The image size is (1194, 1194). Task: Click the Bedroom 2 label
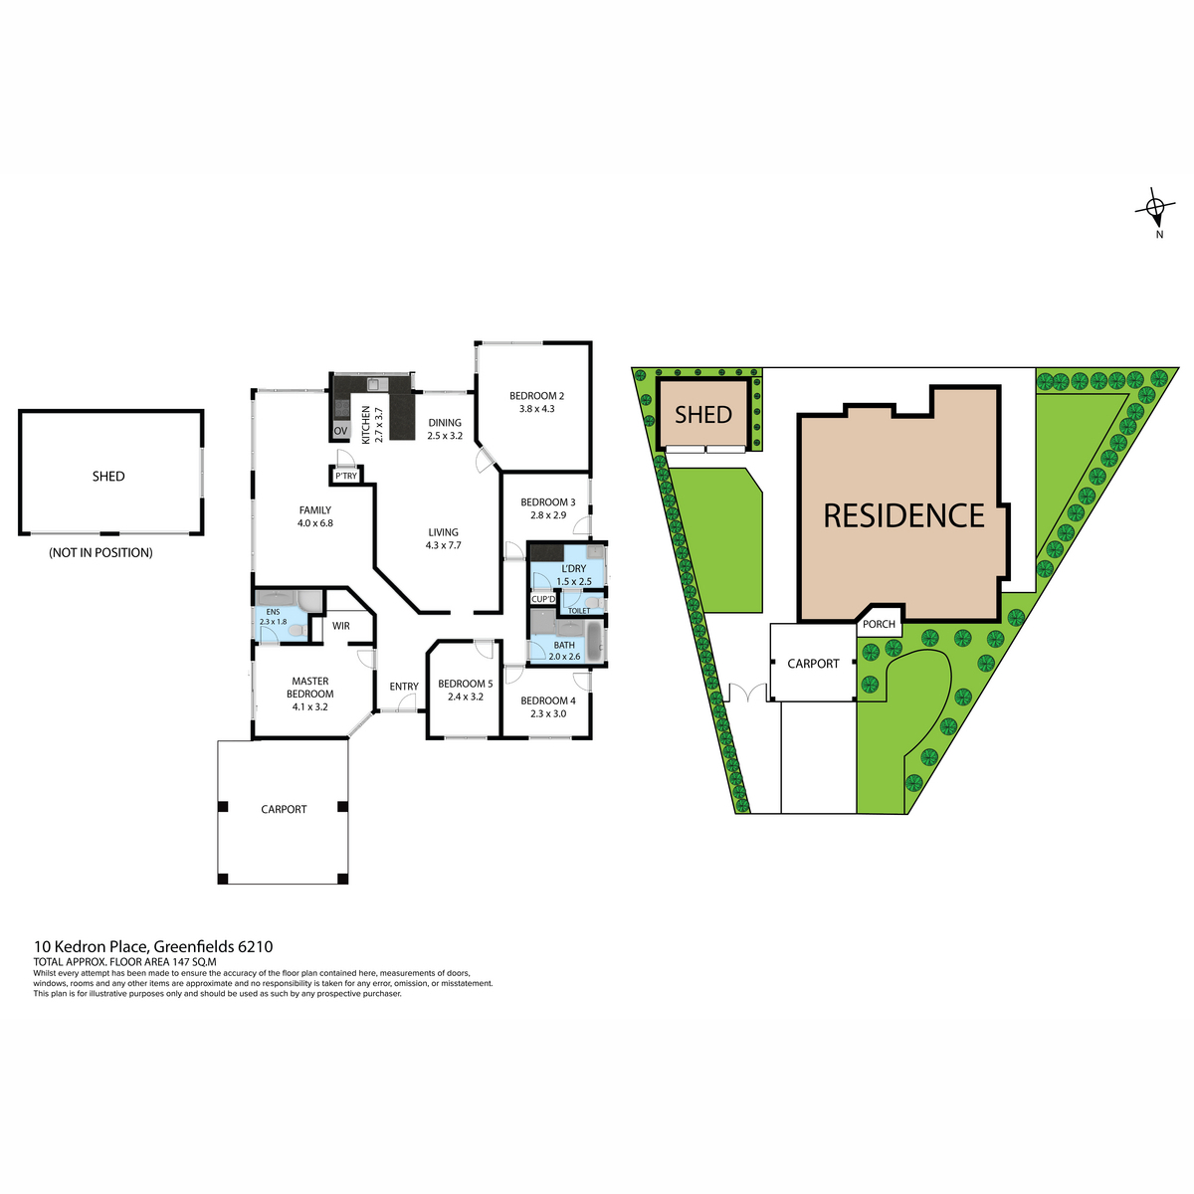(x=536, y=396)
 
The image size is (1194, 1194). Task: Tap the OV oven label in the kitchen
(x=340, y=431)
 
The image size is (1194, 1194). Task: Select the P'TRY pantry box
(x=345, y=476)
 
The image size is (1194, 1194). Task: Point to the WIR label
(x=341, y=626)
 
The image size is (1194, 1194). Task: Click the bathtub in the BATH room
(x=594, y=642)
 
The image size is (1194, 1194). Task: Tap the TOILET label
(x=579, y=611)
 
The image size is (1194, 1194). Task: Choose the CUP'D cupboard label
(x=543, y=599)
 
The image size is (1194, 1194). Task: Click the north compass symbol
(x=1155, y=208)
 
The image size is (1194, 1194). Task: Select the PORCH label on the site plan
(x=879, y=624)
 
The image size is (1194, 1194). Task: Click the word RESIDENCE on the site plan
(x=904, y=515)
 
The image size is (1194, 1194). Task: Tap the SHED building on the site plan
(x=703, y=413)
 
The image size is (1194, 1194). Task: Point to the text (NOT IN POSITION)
(x=101, y=552)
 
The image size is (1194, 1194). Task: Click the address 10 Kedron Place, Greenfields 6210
(x=153, y=947)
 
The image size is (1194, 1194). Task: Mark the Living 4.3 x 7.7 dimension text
(x=443, y=545)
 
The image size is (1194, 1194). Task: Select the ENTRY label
(x=404, y=687)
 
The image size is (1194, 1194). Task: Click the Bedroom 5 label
(x=466, y=684)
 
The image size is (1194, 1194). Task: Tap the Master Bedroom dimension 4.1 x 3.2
(x=309, y=707)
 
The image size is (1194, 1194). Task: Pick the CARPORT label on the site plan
(x=813, y=664)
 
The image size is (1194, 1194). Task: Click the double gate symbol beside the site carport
(x=748, y=693)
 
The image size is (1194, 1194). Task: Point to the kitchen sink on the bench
(x=373, y=384)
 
